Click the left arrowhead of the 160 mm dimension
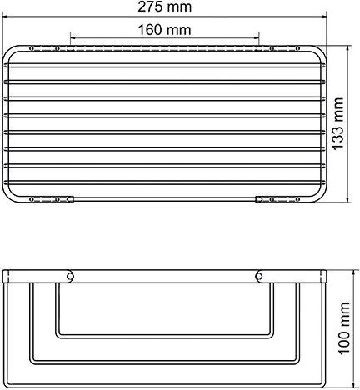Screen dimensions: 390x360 (x=73, y=39)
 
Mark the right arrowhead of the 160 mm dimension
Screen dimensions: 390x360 (x=257, y=39)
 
